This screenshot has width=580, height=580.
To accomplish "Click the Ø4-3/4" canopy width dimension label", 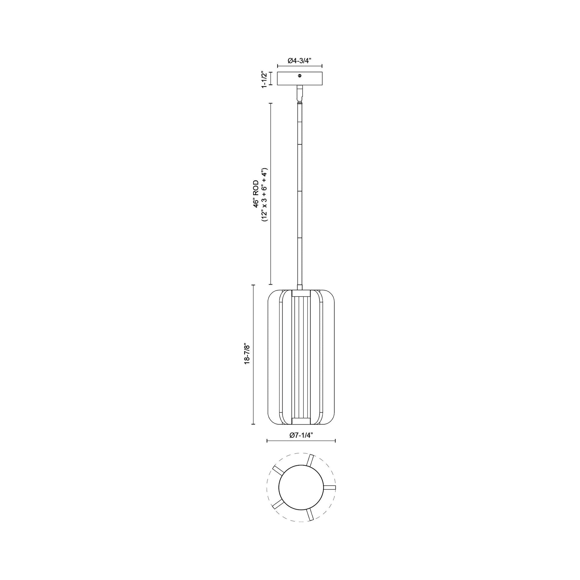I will pyautogui.click(x=299, y=61).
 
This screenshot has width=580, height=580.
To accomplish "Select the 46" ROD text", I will pyautogui.click(x=256, y=194).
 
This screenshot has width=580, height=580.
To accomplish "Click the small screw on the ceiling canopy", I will pyautogui.click(x=300, y=76).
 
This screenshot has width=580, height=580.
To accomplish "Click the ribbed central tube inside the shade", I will pyautogui.click(x=301, y=357).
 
